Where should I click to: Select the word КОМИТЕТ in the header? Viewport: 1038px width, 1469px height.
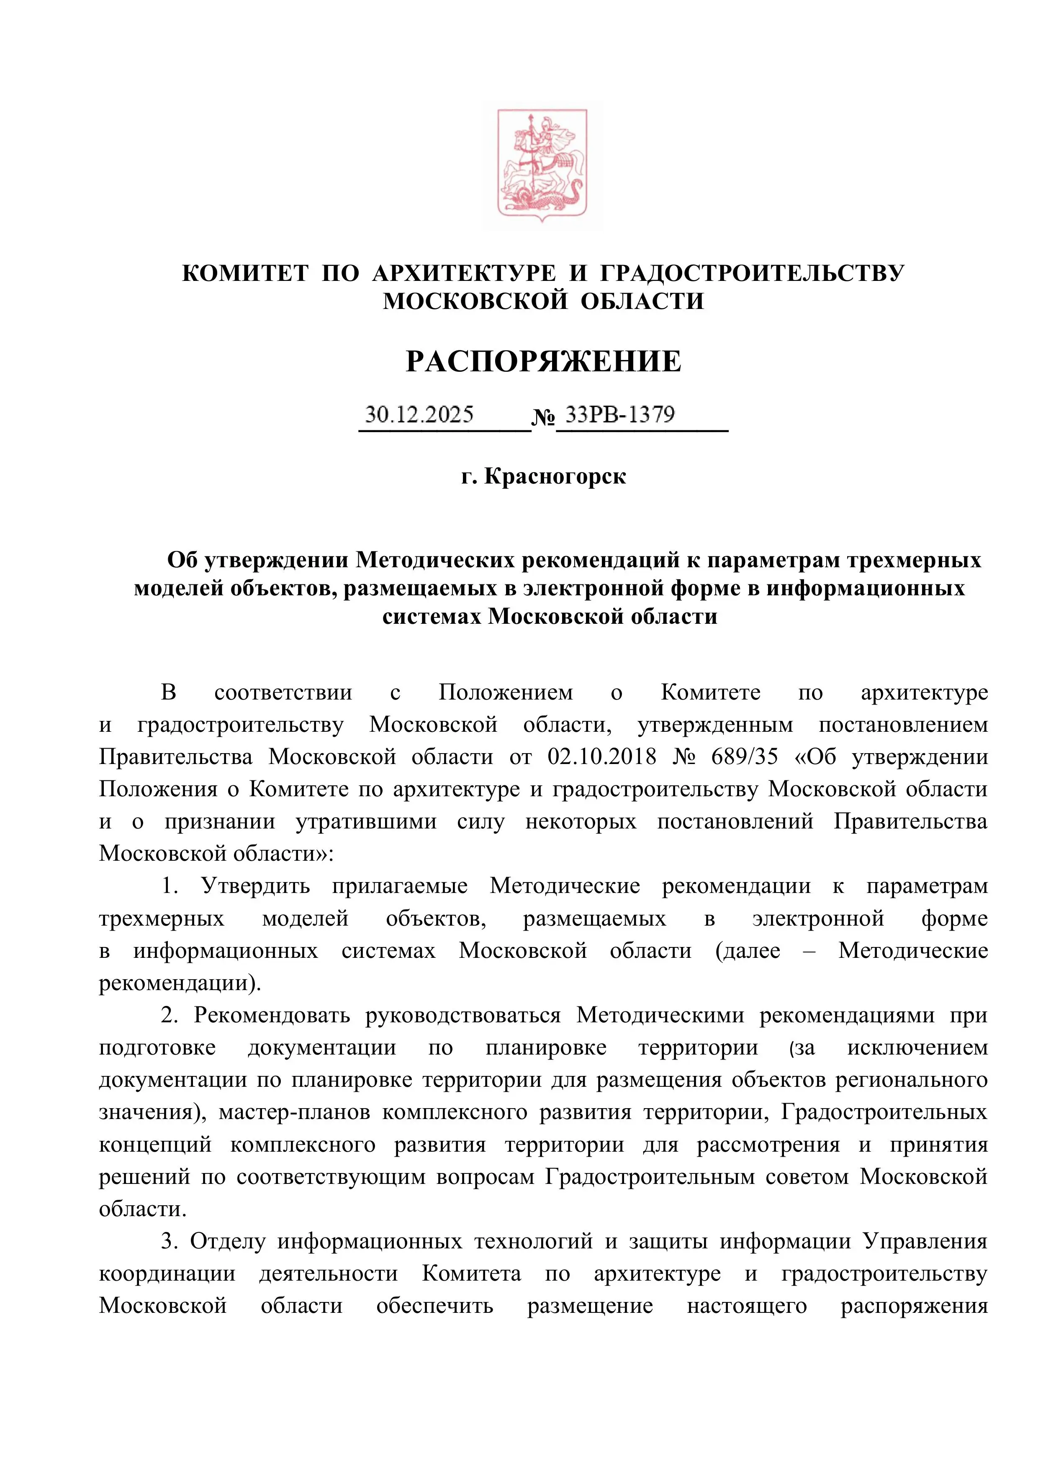click(x=245, y=273)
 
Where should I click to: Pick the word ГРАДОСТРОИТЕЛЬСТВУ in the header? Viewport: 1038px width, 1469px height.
click(x=752, y=273)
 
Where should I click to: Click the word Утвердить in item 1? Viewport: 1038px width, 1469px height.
click(x=255, y=886)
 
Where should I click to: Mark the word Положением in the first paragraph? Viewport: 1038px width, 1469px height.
click(x=506, y=692)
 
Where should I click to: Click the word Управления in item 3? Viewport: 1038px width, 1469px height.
click(x=925, y=1241)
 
